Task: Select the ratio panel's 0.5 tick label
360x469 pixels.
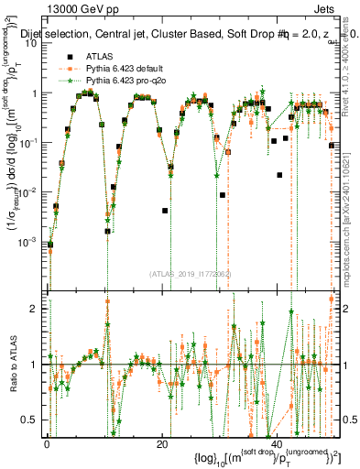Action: (35, 420)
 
